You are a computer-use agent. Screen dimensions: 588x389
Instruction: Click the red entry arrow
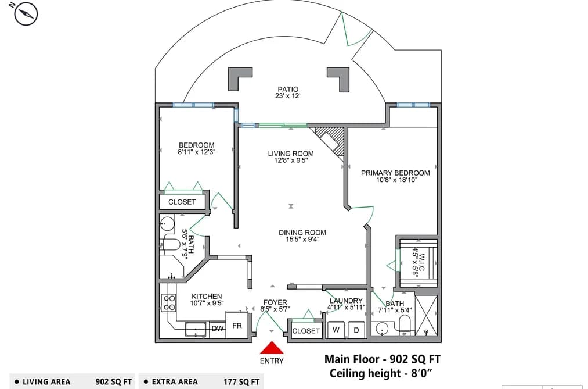coord(272,348)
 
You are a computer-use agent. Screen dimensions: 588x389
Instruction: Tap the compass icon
coord(26,14)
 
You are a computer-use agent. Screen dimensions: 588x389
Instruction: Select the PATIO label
coord(288,90)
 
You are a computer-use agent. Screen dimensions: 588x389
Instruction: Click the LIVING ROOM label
coord(291,154)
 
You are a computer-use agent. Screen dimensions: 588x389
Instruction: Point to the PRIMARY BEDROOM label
coord(395,173)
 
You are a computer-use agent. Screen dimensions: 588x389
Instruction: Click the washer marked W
coord(336,330)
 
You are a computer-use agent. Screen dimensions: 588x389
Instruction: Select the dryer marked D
coord(356,330)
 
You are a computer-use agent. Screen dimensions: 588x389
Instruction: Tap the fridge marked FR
coord(237,324)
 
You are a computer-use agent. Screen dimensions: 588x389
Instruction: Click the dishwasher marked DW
coord(218,329)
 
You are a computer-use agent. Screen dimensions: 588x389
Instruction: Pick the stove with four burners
coord(169,302)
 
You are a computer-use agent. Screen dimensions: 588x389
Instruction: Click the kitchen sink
coord(196,329)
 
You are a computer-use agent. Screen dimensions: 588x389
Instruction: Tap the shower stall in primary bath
coord(426,315)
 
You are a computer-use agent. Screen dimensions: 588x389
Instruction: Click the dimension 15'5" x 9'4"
coord(302,239)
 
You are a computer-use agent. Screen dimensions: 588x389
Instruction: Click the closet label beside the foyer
coord(306,331)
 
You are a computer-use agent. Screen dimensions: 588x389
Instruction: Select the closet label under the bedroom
coord(182,202)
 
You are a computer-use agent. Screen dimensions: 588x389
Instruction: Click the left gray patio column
coord(239,78)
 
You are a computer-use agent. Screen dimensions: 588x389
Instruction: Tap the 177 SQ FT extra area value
coord(241,382)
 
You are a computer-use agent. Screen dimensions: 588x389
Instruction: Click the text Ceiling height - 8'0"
coord(381,373)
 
